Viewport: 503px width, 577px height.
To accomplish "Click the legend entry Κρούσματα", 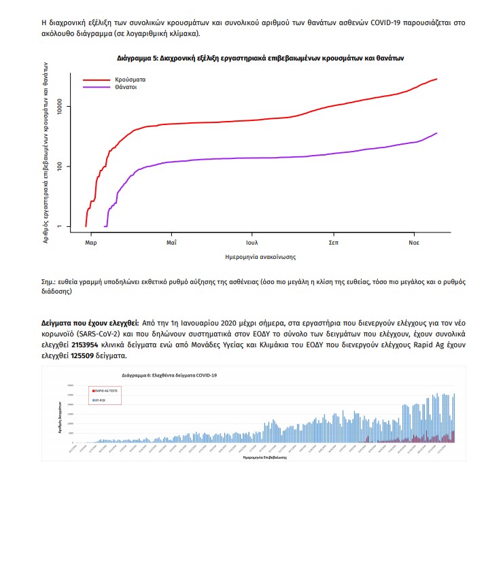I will [x=131, y=80].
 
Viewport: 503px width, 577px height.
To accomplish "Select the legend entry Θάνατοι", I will [x=127, y=87].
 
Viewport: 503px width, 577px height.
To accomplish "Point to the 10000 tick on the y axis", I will [x=60, y=107].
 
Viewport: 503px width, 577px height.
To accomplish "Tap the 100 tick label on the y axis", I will [x=60, y=167].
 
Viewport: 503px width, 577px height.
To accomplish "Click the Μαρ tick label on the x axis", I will [x=90, y=241].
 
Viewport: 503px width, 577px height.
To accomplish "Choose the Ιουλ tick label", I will [x=252, y=241].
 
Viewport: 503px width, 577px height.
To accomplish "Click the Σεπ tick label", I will [x=334, y=241].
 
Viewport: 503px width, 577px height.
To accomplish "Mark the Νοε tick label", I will [x=413, y=241].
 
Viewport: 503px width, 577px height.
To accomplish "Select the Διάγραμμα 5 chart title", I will [x=260, y=58].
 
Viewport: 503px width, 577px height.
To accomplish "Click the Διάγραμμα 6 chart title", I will [x=170, y=374].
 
